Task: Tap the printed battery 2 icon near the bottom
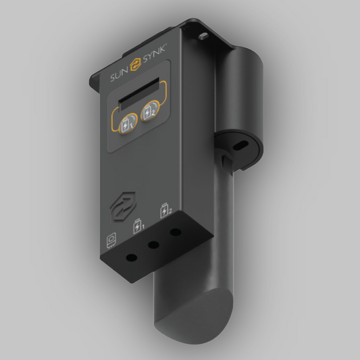click(x=165, y=213)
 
